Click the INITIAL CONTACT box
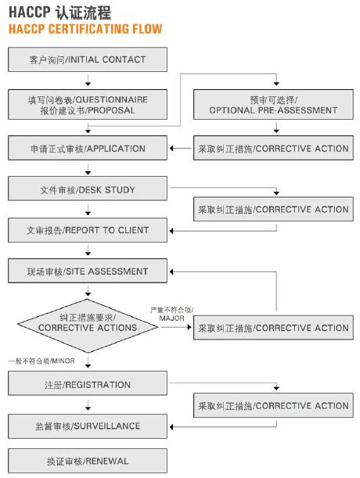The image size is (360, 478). (88, 59)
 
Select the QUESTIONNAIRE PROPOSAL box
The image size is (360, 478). (88, 105)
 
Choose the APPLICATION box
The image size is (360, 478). (88, 148)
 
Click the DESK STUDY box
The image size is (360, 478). (88, 189)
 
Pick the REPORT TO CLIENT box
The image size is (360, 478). (88, 230)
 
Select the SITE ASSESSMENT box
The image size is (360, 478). (88, 271)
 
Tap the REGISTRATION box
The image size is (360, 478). (88, 384)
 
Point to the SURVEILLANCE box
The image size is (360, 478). (88, 426)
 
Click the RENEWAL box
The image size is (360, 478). (88, 461)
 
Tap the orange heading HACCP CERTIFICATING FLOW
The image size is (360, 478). (85, 29)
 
